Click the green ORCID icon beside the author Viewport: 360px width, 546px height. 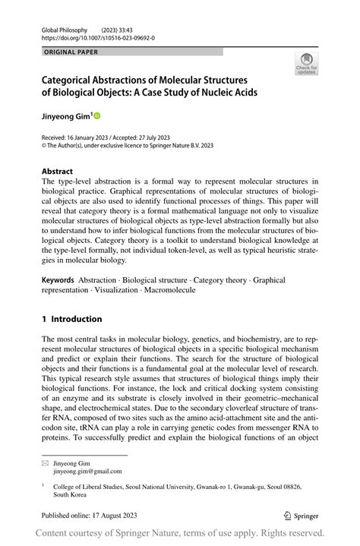97,115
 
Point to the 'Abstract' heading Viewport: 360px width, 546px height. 58,172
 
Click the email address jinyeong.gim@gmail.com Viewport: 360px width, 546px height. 77,471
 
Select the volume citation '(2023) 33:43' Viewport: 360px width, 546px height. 134,25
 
